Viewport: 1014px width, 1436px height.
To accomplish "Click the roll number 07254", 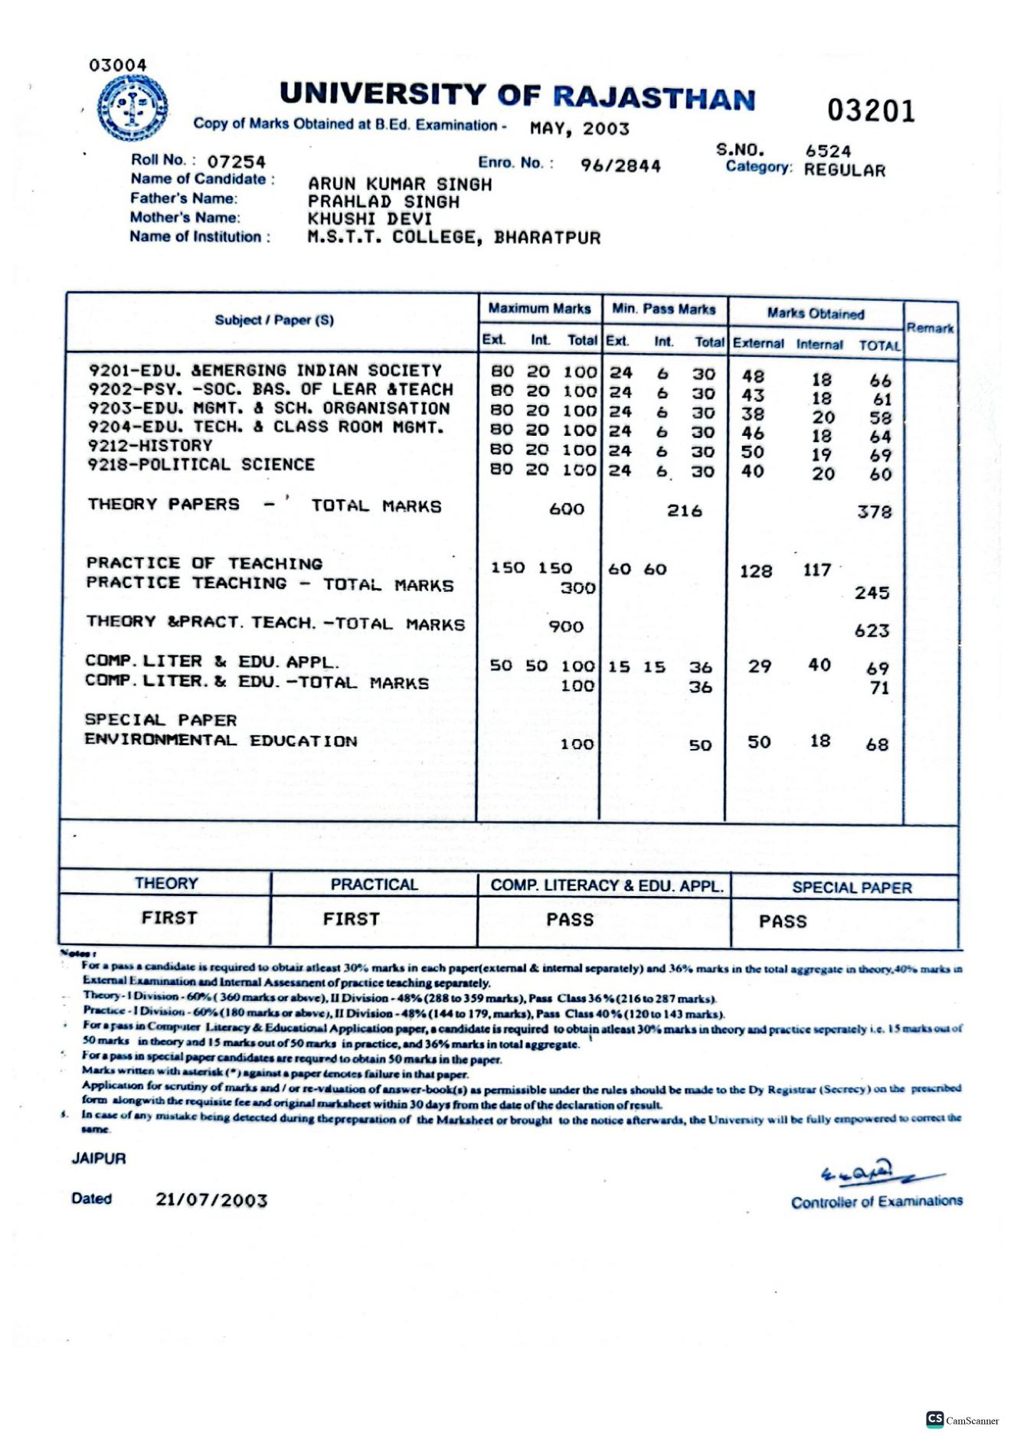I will [x=236, y=162].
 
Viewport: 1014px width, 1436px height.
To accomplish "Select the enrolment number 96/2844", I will [x=620, y=165].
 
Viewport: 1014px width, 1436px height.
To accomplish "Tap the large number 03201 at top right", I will [x=871, y=111].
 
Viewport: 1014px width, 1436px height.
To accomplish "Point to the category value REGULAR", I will [x=844, y=170].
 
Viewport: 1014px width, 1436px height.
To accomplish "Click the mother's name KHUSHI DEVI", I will [x=370, y=219].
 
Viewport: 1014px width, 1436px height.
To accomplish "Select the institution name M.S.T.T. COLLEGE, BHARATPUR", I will [x=454, y=237].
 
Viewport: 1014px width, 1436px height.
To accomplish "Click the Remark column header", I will [x=930, y=328].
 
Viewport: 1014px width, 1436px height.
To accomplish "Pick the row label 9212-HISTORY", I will [x=150, y=446].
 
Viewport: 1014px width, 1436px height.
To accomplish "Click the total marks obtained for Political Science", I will [x=880, y=474].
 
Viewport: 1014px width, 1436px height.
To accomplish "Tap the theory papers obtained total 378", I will [x=874, y=512].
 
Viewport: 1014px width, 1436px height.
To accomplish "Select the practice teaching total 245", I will [x=872, y=593].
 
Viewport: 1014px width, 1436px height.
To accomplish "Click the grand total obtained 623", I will [x=872, y=631].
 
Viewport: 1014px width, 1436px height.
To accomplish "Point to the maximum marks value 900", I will [x=566, y=626].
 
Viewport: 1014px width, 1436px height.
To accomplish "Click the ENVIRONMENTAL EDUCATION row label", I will [x=221, y=741].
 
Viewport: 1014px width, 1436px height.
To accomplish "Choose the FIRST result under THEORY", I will [x=169, y=918].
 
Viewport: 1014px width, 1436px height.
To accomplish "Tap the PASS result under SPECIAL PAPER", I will [x=783, y=921].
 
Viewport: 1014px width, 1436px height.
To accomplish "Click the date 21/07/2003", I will [x=211, y=1200].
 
